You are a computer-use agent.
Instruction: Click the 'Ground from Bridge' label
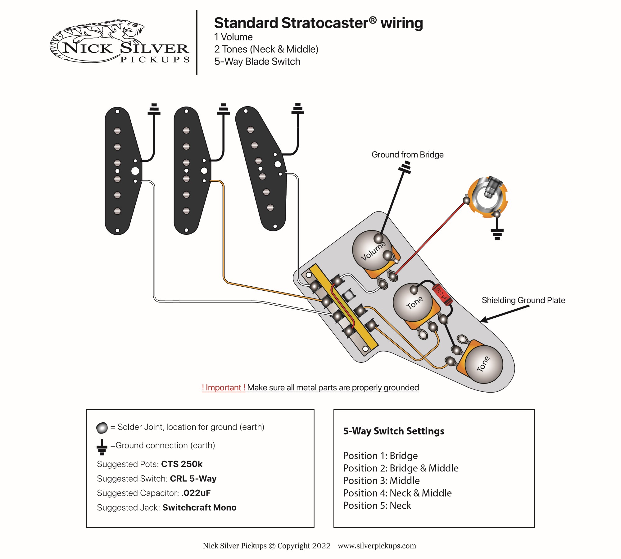click(407, 155)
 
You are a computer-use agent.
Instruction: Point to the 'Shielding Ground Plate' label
click(523, 300)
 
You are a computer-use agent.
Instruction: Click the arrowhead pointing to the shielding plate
click(483, 320)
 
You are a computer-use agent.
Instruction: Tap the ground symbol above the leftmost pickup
click(154, 110)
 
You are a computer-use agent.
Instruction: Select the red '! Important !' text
click(223, 388)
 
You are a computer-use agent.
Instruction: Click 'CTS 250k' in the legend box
click(182, 464)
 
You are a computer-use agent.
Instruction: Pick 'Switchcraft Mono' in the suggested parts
click(199, 507)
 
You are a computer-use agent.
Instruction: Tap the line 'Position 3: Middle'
click(381, 480)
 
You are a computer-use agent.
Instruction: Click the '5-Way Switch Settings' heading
click(393, 431)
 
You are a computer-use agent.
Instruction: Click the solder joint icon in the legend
click(102, 428)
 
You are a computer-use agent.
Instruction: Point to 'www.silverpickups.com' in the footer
click(377, 546)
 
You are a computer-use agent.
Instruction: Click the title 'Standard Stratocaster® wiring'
click(318, 23)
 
